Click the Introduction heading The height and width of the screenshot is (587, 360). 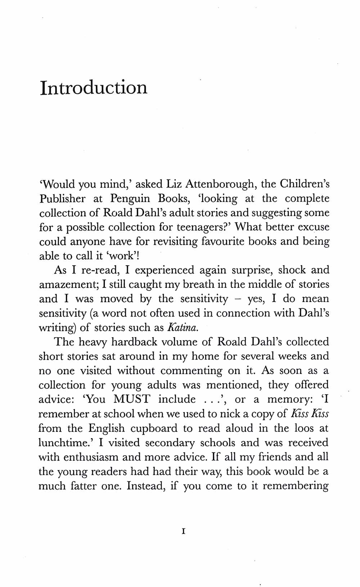click(94, 88)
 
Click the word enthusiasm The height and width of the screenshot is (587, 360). click(91, 457)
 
